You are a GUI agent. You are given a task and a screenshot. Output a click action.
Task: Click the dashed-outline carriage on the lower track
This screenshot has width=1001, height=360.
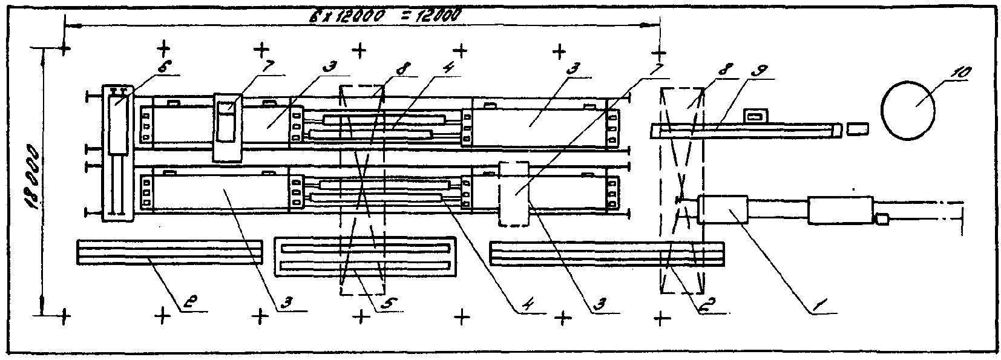(514, 194)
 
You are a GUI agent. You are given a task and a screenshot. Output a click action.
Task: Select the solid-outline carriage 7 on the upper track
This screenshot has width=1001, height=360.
(228, 127)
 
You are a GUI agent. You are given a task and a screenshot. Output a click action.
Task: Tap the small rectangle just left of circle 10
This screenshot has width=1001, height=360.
(857, 129)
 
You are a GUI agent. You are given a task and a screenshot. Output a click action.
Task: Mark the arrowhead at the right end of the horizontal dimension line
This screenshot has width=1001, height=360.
(654, 25)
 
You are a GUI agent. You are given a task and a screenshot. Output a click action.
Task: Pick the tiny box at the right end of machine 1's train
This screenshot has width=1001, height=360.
(882, 219)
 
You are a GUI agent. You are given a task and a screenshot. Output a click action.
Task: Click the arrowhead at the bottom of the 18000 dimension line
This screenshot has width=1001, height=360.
(42, 309)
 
